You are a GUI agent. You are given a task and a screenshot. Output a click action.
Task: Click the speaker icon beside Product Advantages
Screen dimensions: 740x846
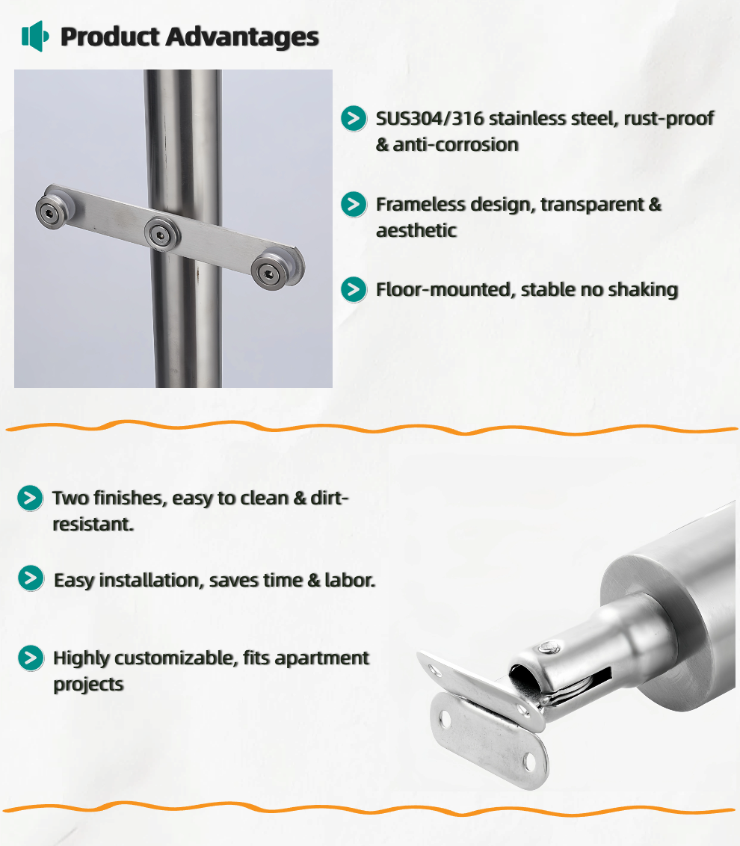35,36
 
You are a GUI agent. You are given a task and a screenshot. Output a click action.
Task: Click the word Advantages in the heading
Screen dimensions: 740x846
242,37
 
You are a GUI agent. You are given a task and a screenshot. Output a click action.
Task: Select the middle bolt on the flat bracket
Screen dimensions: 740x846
160,234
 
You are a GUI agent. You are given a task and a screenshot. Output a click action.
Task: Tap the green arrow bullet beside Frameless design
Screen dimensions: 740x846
354,204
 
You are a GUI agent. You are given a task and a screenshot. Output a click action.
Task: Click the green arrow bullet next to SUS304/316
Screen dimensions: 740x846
354,118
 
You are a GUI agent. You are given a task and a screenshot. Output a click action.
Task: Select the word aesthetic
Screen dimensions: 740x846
416,230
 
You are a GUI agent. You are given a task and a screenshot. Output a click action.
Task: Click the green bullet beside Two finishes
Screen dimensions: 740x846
30,498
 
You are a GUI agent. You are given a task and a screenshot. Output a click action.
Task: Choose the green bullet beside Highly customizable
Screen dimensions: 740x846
31,658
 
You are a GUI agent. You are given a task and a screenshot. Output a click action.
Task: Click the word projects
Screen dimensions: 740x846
88,685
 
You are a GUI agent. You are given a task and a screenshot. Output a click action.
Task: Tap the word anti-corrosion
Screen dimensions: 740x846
455,144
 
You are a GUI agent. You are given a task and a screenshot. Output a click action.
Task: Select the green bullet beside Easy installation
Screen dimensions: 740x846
31,578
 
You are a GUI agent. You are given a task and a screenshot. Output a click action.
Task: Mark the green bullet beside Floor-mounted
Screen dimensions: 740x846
354,289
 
